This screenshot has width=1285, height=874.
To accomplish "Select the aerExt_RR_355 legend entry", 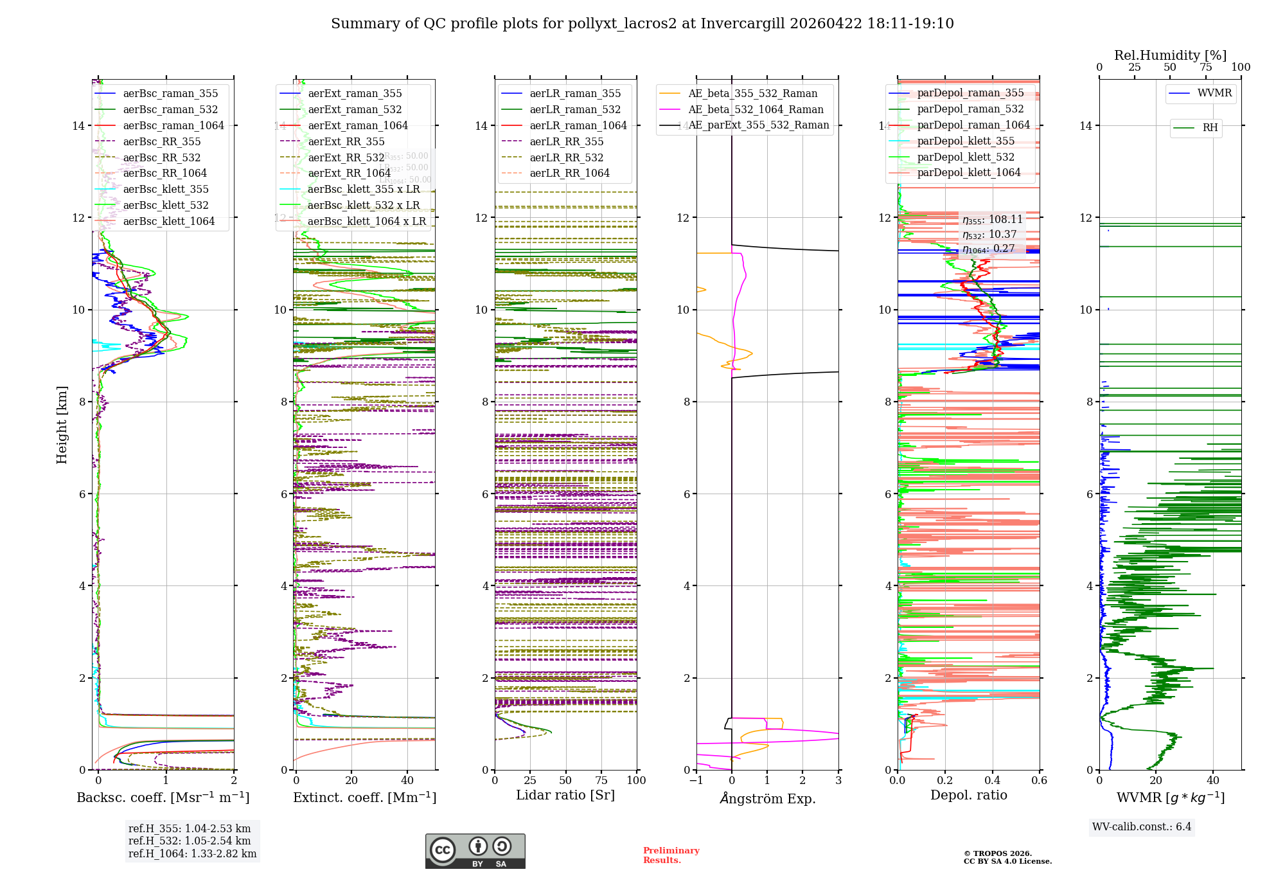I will (346, 141).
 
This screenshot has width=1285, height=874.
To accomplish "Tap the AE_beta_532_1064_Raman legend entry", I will (756, 109).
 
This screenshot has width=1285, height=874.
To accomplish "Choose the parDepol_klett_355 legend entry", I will (966, 141).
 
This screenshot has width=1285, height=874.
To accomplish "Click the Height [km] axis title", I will (62, 425).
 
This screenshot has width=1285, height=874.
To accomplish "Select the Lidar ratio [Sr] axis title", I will (565, 795).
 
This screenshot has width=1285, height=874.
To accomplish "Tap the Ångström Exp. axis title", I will (767, 798).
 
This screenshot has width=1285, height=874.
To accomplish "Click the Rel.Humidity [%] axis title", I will (1170, 55).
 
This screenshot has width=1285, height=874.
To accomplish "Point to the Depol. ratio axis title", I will (968, 795).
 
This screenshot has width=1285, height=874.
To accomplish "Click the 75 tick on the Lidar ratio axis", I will (601, 780).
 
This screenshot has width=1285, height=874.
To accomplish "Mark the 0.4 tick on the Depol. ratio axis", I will (992, 780).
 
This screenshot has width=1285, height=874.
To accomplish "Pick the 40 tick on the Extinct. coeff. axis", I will (407, 780).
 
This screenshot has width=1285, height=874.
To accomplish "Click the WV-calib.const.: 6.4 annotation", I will (1141, 826).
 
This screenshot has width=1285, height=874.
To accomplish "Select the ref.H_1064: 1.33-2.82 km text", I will (192, 853).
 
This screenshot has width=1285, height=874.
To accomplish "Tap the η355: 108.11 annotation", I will (992, 220).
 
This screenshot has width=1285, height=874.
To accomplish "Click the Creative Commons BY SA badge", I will (475, 851).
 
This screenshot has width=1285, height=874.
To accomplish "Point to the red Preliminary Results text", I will (671, 855).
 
